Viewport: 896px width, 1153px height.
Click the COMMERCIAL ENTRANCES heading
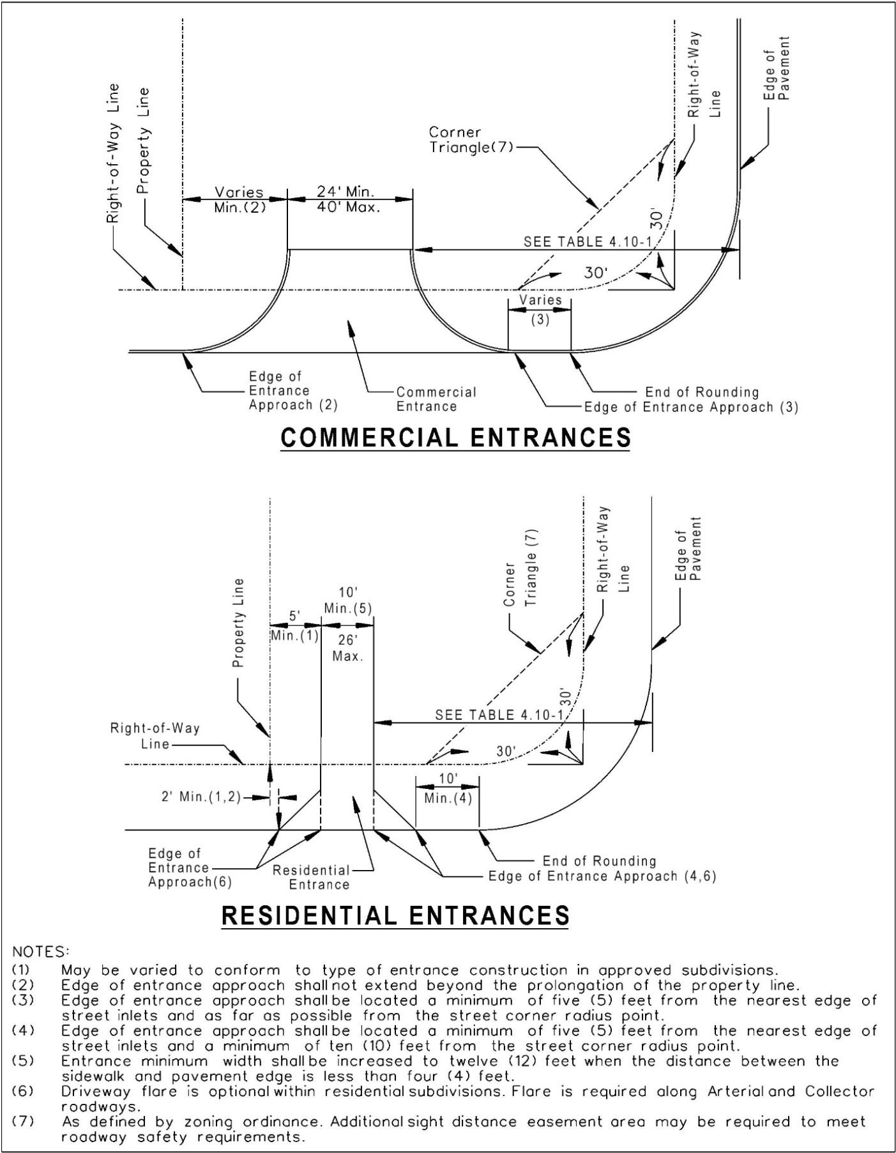point(455,438)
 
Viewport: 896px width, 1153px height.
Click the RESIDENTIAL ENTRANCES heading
point(395,915)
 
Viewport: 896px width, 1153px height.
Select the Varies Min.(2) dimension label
point(239,199)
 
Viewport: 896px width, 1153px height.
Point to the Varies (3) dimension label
point(540,309)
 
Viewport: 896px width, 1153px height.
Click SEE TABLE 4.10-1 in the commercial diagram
point(590,242)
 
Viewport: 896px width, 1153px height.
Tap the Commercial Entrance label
point(436,399)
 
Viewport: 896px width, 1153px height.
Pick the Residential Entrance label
point(312,877)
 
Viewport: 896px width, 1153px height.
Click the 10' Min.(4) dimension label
point(448,788)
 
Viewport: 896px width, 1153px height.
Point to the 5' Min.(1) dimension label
point(294,627)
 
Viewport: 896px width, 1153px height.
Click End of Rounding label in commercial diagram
point(702,392)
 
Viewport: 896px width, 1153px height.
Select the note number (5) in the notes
point(23,1062)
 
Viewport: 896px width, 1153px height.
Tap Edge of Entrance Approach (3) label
point(691,407)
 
